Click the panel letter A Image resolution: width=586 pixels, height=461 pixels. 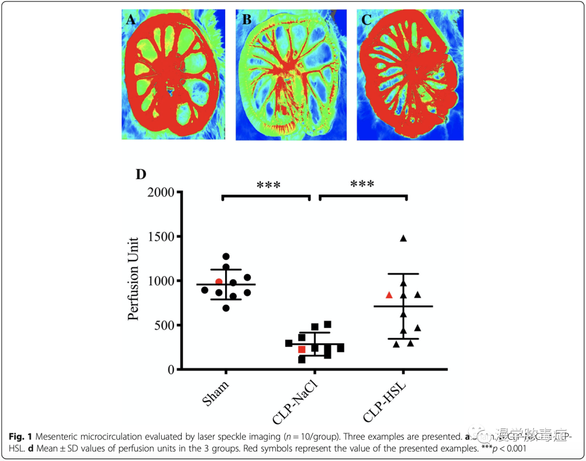(130, 21)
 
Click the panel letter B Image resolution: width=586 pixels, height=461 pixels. (247, 21)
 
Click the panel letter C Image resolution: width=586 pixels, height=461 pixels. (367, 21)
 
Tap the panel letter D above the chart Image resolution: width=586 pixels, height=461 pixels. (141, 175)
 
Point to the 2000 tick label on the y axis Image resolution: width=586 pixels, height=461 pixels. (161, 193)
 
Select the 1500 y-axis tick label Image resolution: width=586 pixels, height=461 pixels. (161, 237)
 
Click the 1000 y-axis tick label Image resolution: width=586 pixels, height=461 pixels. (161, 281)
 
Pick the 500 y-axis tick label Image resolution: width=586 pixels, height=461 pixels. (165, 325)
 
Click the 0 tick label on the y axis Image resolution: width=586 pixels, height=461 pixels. (172, 370)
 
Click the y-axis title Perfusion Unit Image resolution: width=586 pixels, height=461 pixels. (134, 279)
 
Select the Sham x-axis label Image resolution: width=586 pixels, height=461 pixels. (216, 393)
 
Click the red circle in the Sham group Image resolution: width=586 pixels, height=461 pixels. (219, 281)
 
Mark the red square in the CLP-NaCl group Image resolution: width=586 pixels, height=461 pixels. (302, 349)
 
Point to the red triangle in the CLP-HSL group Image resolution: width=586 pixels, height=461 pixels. (389, 295)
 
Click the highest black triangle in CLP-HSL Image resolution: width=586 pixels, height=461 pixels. (403, 238)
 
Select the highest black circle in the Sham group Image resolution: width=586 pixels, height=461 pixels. (226, 257)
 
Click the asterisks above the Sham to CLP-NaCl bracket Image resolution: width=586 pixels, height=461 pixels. (269, 185)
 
